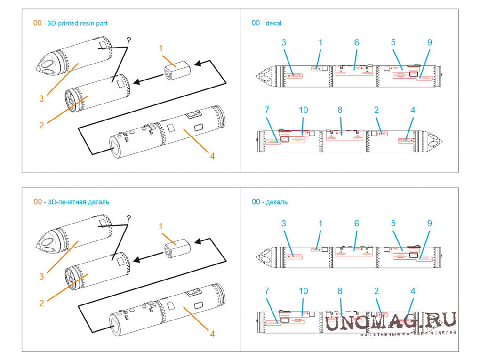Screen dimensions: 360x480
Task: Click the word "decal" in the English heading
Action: point(273,23)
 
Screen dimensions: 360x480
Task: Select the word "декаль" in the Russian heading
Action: point(277,202)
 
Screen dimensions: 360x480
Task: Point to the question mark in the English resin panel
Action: point(129,40)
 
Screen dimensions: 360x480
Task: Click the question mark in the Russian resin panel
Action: point(129,219)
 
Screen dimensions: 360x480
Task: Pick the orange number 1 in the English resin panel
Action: point(160,48)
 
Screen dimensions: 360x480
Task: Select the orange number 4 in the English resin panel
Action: point(212,155)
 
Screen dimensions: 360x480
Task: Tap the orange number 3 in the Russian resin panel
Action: point(41,277)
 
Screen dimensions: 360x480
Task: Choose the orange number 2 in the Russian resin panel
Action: point(41,304)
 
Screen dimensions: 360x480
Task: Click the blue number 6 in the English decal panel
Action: point(357,42)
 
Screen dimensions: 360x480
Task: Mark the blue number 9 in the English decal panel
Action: point(430,42)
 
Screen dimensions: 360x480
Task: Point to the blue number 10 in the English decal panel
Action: point(303,110)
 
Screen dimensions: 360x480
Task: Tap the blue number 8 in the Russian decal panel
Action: point(340,291)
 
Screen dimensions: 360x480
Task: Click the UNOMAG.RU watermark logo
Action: point(391,322)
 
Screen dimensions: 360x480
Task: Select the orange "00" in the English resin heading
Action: point(37,23)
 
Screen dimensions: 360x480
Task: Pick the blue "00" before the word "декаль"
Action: point(256,202)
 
